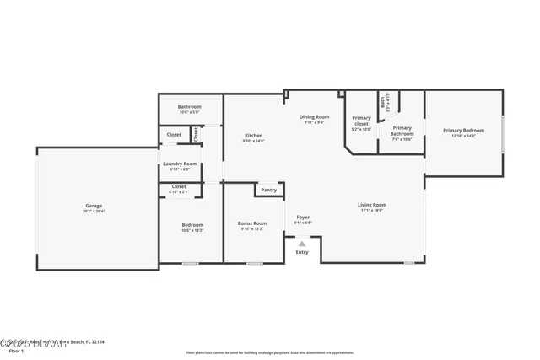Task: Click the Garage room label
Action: tap(93, 206)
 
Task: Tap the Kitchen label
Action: tap(253, 136)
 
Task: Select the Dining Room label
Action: tap(315, 117)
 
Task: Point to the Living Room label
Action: tap(372, 205)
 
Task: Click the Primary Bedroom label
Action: tap(464, 131)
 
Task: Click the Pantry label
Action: tap(268, 191)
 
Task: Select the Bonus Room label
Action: tap(252, 223)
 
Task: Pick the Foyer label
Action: tap(303, 218)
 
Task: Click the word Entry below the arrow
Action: tap(302, 252)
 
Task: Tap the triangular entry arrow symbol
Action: tap(302, 244)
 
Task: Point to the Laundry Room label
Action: tap(180, 164)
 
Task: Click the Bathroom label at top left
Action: tap(189, 107)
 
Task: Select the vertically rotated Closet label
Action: tap(196, 133)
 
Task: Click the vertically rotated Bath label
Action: tap(382, 102)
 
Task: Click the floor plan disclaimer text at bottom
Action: tap(270, 352)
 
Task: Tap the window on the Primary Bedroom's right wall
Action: tap(504, 135)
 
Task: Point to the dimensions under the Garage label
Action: tap(93, 211)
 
